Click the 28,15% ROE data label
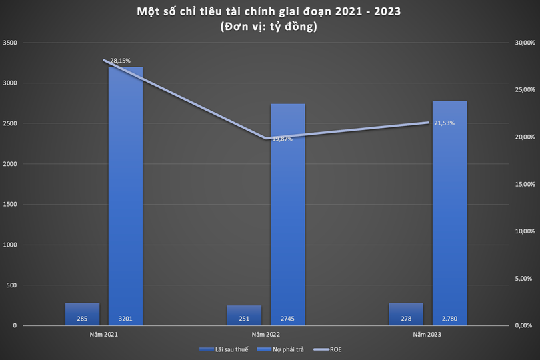(x=120, y=61)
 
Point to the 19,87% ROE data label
(x=283, y=139)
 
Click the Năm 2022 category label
(x=265, y=333)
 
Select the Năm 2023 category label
(x=427, y=333)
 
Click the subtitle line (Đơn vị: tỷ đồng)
(x=270, y=27)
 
